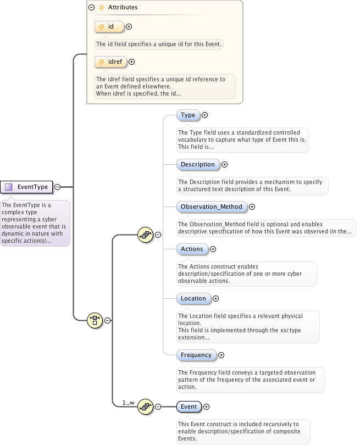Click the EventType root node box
27,187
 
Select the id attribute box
109,26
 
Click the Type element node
188,115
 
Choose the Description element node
198,164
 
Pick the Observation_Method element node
212,207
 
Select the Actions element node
192,249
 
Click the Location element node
193,299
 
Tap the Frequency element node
196,355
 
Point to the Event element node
189,407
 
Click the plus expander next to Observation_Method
252,207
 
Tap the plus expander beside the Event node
207,407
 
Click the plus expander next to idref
131,62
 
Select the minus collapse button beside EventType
57,187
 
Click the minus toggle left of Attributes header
92,8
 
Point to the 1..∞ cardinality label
129,403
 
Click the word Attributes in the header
122,8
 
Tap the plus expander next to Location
215,299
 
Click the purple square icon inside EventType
8,187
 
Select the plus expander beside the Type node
204,115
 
